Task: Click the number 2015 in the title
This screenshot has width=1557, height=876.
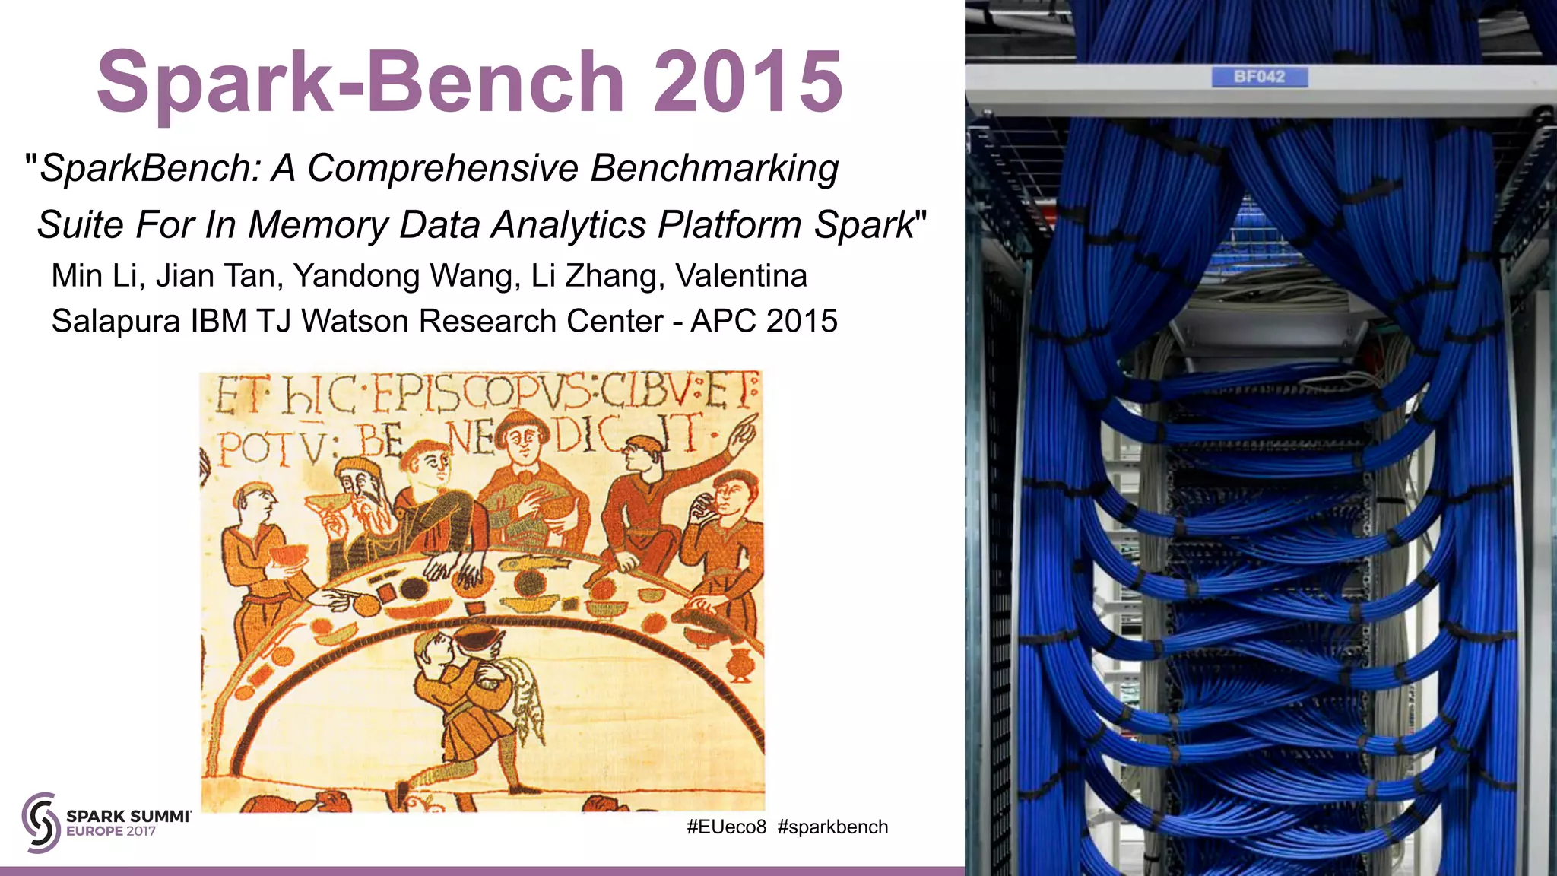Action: click(748, 81)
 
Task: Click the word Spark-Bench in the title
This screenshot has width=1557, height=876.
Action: click(360, 81)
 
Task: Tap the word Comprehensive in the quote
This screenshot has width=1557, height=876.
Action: click(443, 168)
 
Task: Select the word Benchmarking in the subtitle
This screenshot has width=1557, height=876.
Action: click(714, 168)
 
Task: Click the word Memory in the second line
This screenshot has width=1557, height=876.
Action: click(319, 225)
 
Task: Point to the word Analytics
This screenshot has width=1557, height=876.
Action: click(570, 225)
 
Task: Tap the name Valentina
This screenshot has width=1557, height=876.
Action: click(741, 275)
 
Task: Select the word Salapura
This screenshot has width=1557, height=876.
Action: click(116, 321)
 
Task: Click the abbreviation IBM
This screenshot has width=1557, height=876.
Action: click(219, 321)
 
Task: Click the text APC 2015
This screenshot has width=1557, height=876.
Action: click(764, 321)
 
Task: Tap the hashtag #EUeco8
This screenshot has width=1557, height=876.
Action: click(726, 827)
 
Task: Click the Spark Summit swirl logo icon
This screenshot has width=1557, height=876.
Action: click(41, 823)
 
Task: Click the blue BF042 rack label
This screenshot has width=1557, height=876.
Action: click(1259, 77)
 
